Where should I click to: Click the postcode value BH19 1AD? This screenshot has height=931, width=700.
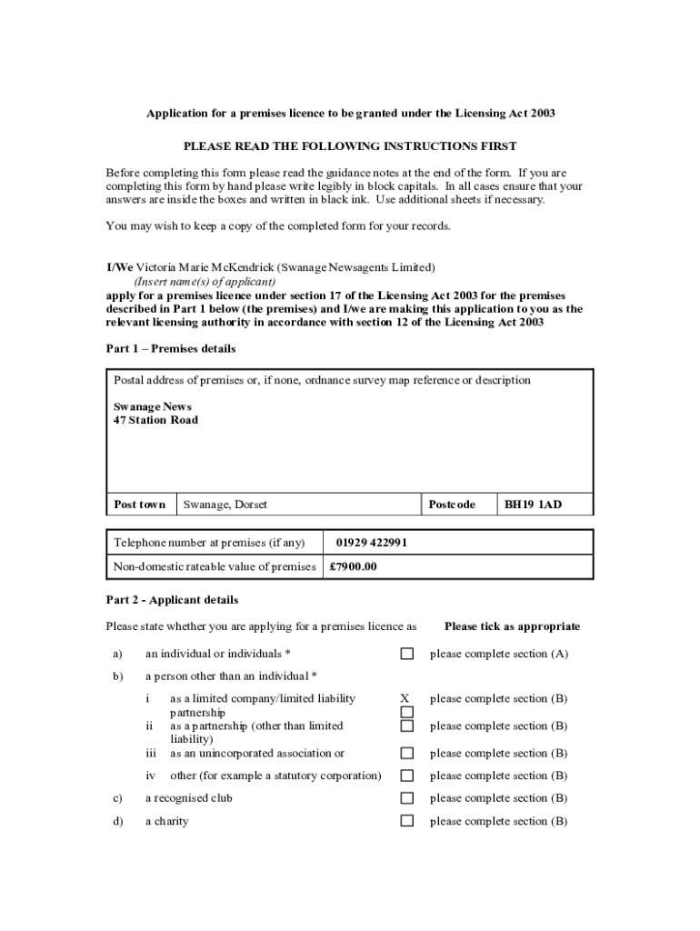point(533,505)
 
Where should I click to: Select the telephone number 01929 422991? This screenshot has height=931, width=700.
point(371,543)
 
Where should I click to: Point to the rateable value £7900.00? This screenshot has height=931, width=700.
point(353,566)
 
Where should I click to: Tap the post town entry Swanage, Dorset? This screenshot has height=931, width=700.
point(225,505)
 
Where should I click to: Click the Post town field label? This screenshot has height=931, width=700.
point(139,505)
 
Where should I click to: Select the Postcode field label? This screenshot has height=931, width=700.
point(451,505)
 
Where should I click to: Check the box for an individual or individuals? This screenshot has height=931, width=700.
point(407,654)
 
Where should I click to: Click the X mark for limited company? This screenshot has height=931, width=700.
point(405,698)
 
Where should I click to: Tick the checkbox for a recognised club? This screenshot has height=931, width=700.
point(407,798)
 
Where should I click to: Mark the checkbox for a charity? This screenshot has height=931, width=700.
point(407,821)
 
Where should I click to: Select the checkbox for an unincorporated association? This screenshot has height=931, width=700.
point(407,753)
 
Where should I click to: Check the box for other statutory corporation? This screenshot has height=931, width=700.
point(407,776)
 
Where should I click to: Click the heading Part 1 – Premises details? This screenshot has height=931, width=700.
point(171,348)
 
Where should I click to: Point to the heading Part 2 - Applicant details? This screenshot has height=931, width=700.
point(172,600)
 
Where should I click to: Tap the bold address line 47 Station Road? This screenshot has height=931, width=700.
point(155,420)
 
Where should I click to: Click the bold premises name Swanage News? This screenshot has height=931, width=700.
point(152,406)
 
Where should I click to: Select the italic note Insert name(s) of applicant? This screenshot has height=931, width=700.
point(205,282)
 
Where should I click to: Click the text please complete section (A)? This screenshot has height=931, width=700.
point(499,654)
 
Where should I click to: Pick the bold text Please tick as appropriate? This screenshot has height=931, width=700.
point(512,626)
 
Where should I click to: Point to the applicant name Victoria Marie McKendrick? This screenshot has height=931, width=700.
point(205,267)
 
